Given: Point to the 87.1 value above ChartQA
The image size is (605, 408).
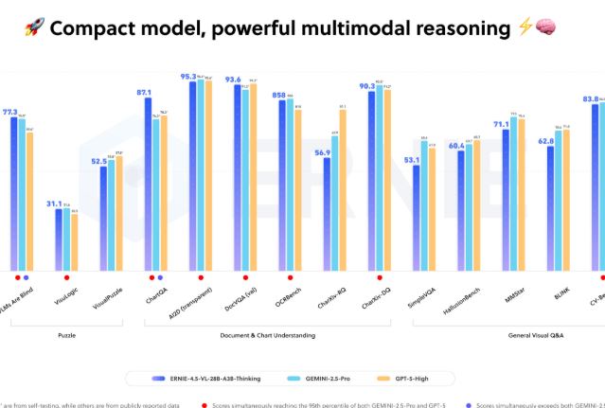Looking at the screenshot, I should click(145, 93).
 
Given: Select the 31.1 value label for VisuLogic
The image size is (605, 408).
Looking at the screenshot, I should click(55, 204).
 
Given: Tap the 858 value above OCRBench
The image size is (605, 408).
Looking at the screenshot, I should click(278, 96).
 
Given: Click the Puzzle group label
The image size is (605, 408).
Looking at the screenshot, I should click(68, 335).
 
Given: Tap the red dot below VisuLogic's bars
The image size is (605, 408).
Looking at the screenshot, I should click(66, 277).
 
